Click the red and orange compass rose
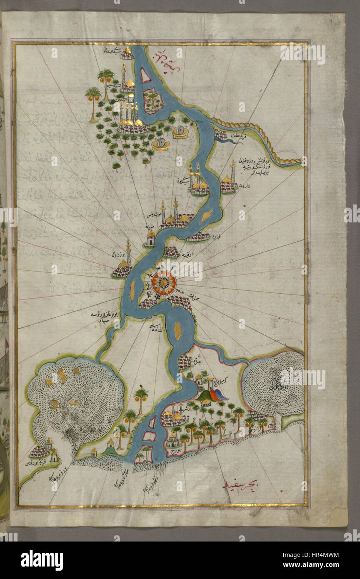pyautogui.click(x=163, y=283)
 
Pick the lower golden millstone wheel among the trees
pyautogui.click(x=161, y=144)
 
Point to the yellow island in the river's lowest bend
pyautogui.click(x=178, y=330)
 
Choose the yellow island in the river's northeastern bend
pyautogui.click(x=207, y=216)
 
